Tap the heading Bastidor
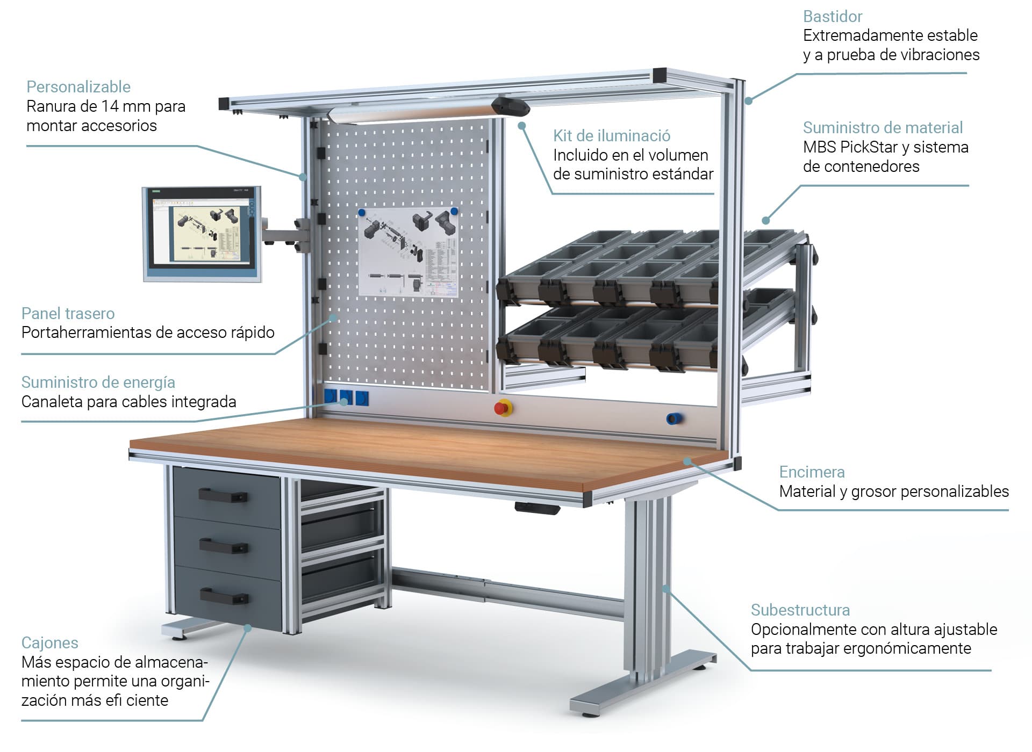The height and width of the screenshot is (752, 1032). click(x=832, y=17)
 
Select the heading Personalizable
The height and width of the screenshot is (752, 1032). click(x=78, y=86)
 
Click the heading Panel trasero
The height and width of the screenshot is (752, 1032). click(x=68, y=313)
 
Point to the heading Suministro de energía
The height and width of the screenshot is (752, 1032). click(x=98, y=382)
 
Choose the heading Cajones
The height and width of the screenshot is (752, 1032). click(x=49, y=642)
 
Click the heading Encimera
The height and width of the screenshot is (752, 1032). click(x=812, y=472)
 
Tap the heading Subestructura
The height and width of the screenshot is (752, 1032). click(x=800, y=610)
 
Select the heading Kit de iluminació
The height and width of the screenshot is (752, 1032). click(x=611, y=135)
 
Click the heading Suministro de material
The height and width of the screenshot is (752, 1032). click(x=883, y=127)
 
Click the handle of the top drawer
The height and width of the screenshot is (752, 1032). click(x=223, y=495)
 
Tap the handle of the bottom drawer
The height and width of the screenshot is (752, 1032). click(x=224, y=596)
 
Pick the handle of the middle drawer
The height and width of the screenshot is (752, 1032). click(x=224, y=547)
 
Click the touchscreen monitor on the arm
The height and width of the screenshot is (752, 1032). click(x=202, y=234)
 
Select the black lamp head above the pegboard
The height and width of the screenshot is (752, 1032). click(x=510, y=105)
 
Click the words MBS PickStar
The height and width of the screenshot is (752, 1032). click(x=850, y=147)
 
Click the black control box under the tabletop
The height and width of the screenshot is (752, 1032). click(x=536, y=508)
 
